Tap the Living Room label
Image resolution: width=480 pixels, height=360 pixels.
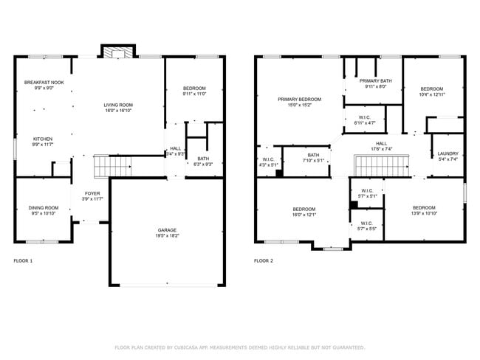118,108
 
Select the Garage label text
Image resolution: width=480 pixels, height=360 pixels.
168,232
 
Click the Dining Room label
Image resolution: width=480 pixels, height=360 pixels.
44,210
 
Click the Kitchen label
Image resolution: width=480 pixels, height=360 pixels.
43,142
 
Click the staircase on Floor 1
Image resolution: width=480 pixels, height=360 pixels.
113,166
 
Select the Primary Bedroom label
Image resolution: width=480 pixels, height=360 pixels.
299,102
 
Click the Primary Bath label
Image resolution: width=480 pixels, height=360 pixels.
375,83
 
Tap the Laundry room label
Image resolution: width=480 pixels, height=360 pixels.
448,156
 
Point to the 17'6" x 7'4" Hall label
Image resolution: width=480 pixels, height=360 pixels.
381,146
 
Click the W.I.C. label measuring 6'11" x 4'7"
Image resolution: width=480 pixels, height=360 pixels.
365,120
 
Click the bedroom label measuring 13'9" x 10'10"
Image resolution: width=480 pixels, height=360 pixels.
424,210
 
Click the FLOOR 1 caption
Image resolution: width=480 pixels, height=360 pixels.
24,260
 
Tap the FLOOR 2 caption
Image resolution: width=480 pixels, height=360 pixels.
264,260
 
